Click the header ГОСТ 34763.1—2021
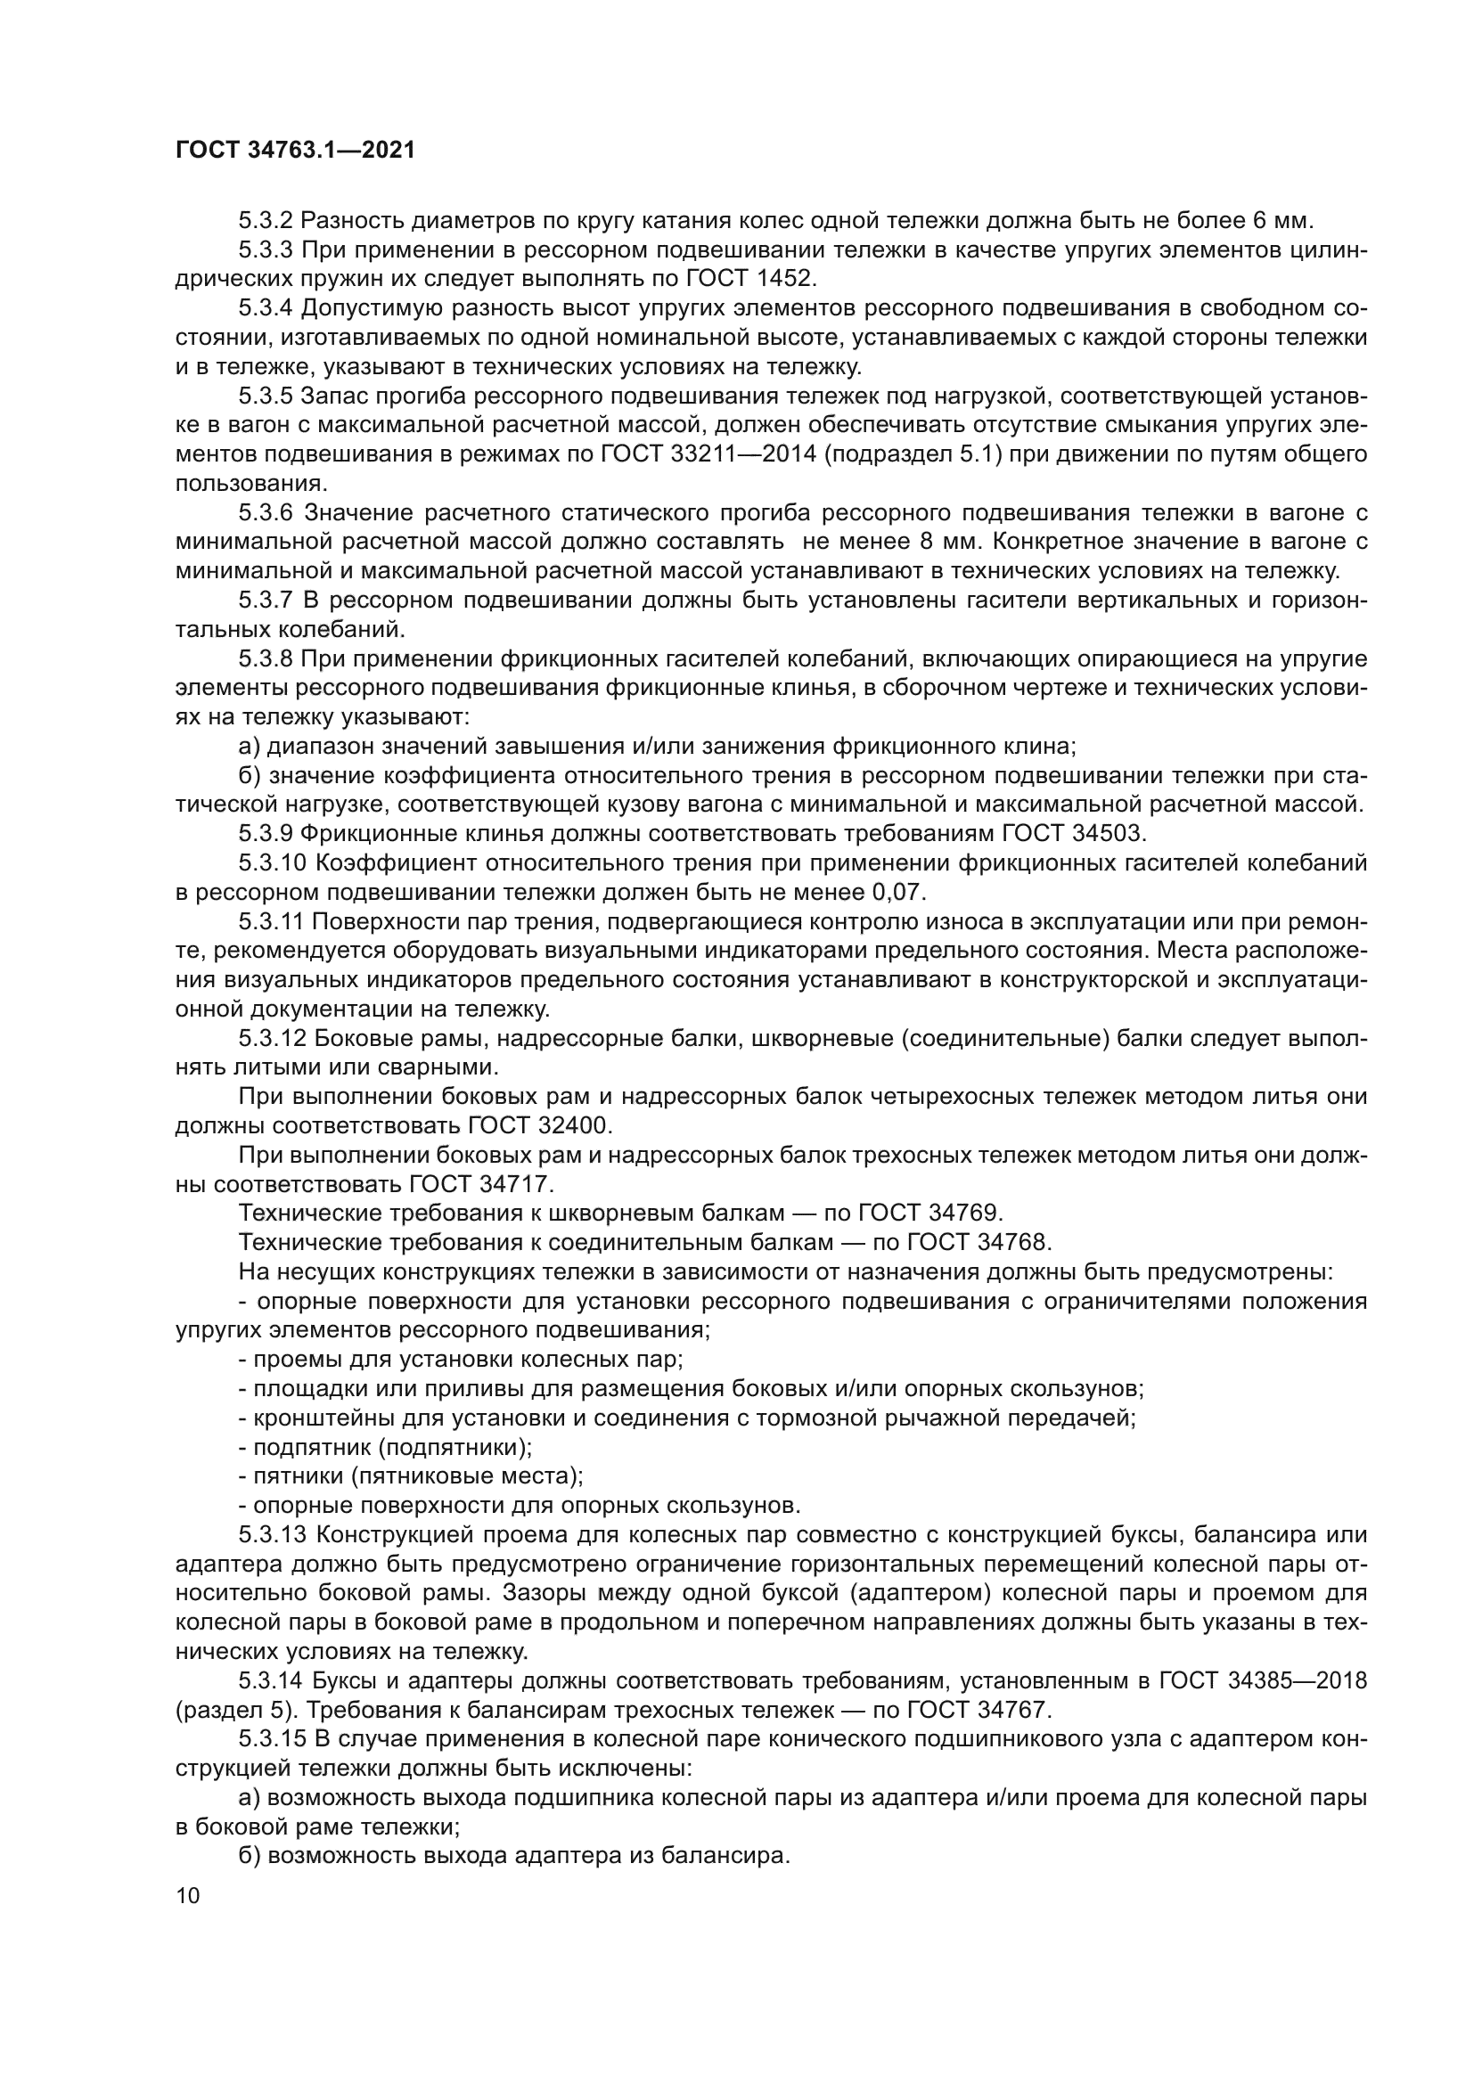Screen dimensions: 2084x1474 (x=295, y=151)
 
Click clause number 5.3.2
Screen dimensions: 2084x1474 (x=266, y=221)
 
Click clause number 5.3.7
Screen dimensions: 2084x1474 (x=266, y=601)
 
